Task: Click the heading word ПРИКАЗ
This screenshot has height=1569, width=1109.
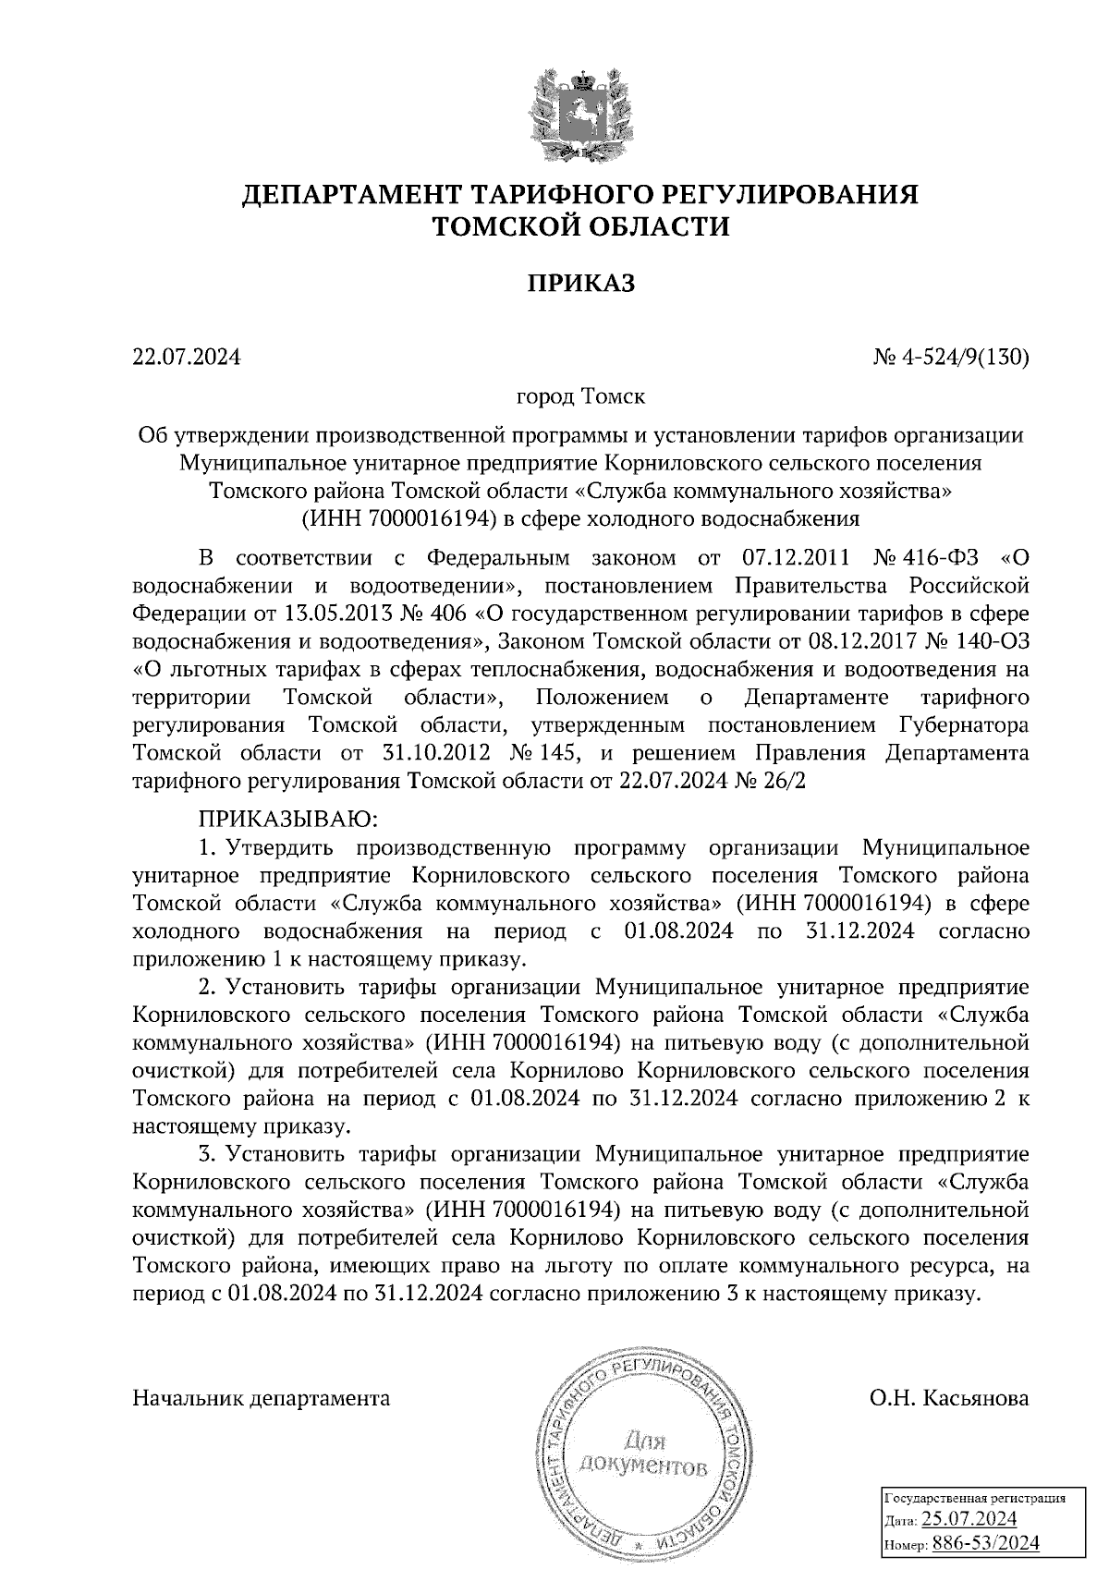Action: pyautogui.click(x=580, y=284)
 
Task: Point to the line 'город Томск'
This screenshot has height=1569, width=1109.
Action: pyautogui.click(x=580, y=397)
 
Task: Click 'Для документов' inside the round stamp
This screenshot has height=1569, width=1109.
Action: pyautogui.click(x=643, y=1453)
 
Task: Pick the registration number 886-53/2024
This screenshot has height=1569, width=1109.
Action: pyautogui.click(x=985, y=1542)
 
